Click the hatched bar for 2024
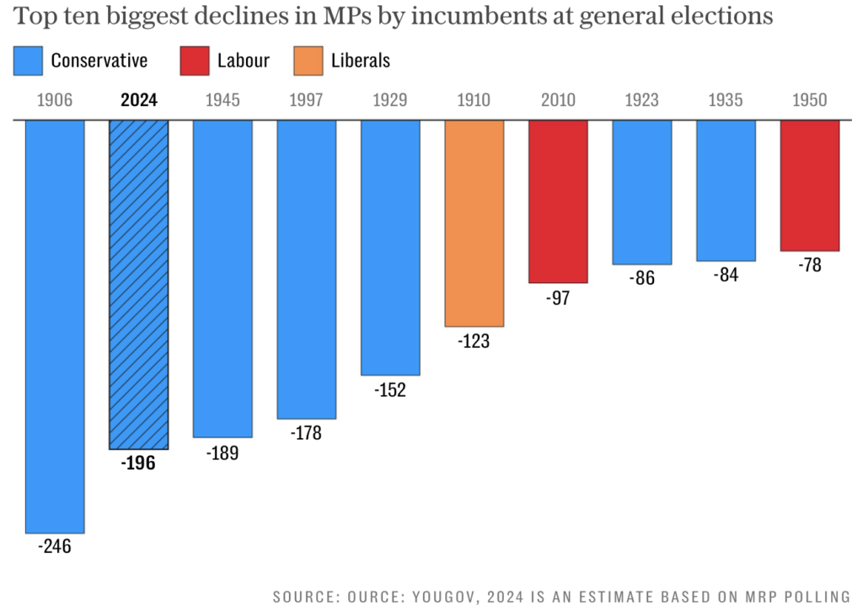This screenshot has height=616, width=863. [x=139, y=284]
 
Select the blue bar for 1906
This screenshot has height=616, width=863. [x=55, y=326]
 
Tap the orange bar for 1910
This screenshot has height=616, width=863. [x=474, y=222]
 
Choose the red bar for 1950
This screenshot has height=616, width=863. [x=810, y=185]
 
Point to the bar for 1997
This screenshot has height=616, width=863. [x=307, y=269]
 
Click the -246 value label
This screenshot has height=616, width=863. [x=55, y=546]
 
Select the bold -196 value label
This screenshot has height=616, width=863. [x=138, y=463]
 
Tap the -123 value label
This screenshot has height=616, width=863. [x=474, y=341]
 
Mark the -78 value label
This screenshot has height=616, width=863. [x=810, y=265]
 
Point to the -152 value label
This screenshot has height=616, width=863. [x=390, y=390]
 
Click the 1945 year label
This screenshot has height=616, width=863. [x=222, y=100]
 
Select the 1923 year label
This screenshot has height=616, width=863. [x=642, y=100]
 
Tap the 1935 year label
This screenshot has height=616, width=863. [x=726, y=100]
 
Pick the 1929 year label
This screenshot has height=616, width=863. [x=390, y=100]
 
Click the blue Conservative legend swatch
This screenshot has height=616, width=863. [x=27, y=61]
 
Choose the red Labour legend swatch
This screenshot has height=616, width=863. [x=194, y=61]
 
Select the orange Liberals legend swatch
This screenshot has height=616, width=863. [x=308, y=61]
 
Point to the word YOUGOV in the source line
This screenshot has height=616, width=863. [x=442, y=597]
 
